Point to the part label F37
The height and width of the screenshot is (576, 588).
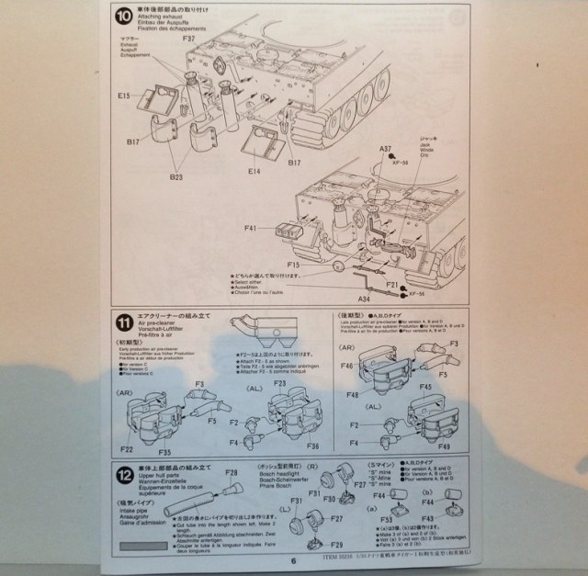(188, 40)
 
